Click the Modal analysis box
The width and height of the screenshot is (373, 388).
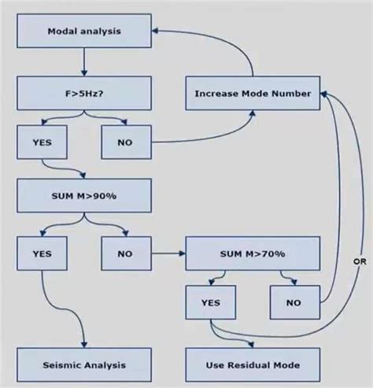(x=84, y=31)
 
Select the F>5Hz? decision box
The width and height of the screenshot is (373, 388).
(x=84, y=93)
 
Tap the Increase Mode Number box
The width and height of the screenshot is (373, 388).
(x=253, y=94)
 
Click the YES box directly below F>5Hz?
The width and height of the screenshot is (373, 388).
(x=42, y=142)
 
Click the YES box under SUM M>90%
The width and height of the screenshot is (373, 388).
(x=42, y=253)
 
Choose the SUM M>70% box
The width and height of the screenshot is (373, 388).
(x=253, y=253)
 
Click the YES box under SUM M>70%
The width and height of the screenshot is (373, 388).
(x=210, y=301)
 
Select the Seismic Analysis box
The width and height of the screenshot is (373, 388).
(x=84, y=365)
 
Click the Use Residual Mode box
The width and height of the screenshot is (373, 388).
(x=253, y=365)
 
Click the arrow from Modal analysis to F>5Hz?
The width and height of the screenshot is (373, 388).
(x=84, y=62)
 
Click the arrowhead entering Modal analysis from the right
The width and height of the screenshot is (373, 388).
(x=157, y=31)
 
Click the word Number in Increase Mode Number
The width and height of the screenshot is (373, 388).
(x=290, y=94)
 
